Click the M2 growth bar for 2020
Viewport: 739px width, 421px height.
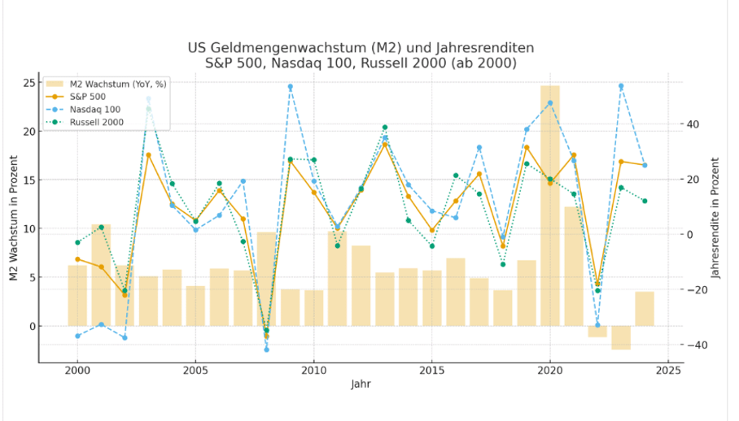pos(550,203)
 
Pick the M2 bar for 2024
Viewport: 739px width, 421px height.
pos(645,309)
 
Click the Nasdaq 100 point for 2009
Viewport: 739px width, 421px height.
pos(290,87)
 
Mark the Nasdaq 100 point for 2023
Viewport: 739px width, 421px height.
pos(621,86)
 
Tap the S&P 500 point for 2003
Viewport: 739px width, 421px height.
pos(148,154)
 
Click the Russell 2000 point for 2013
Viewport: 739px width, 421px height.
pos(385,128)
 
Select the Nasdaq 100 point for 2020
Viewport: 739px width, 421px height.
pos(550,103)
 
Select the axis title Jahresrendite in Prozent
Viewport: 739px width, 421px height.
pos(716,218)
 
